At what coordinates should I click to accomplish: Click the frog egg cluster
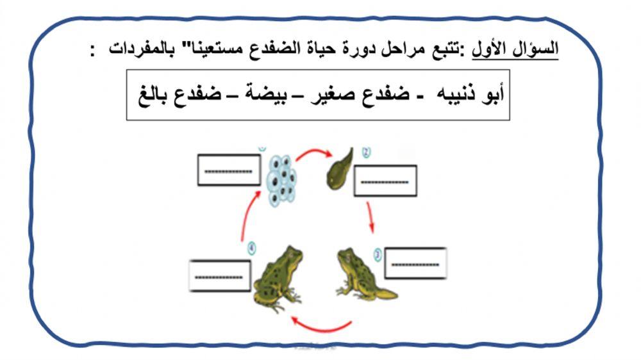click(x=280, y=178)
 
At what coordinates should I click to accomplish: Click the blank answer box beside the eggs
click(x=229, y=170)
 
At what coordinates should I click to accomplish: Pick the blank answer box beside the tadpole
click(x=385, y=181)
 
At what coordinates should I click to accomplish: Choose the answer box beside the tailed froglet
click(x=415, y=263)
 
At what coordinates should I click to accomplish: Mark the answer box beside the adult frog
click(x=220, y=275)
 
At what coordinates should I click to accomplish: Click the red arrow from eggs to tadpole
click(x=312, y=152)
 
